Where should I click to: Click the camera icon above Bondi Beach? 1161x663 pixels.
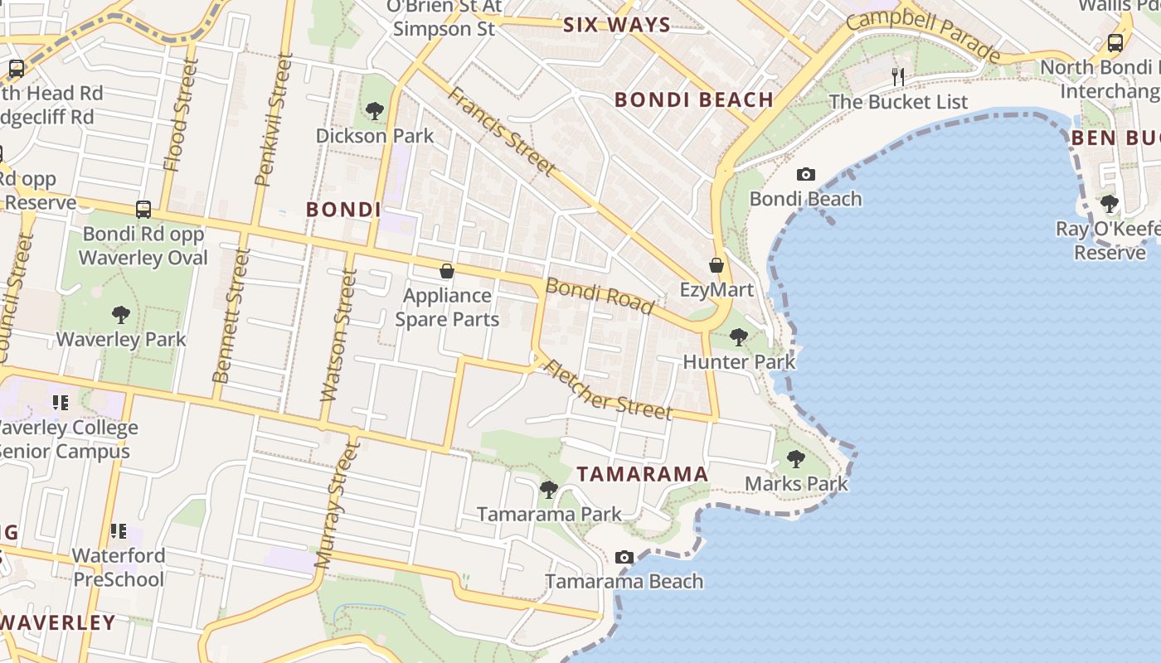pyautogui.click(x=805, y=174)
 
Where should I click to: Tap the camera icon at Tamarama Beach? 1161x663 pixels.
pyautogui.click(x=624, y=557)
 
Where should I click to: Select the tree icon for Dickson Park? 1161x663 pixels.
pyautogui.click(x=375, y=109)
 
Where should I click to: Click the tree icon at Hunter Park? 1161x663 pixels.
pyautogui.click(x=738, y=337)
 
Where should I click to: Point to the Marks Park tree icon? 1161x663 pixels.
pyautogui.click(x=796, y=458)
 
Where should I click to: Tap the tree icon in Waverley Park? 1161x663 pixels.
pyautogui.click(x=121, y=314)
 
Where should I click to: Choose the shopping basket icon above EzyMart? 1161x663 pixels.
pyautogui.click(x=717, y=265)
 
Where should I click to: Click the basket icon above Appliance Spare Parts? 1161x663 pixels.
pyautogui.click(x=447, y=271)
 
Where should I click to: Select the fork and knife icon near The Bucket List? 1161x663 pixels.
pyautogui.click(x=898, y=77)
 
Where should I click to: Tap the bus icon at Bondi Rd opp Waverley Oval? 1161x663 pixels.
pyautogui.click(x=143, y=209)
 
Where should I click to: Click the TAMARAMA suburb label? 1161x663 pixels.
pyautogui.click(x=643, y=474)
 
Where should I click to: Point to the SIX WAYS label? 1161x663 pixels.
pyautogui.click(x=617, y=25)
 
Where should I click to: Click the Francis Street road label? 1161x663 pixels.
pyautogui.click(x=501, y=129)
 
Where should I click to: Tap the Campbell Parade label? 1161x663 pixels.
pyautogui.click(x=924, y=33)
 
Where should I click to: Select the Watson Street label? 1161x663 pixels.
pyautogui.click(x=338, y=335)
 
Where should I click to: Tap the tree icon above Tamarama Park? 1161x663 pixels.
pyautogui.click(x=548, y=489)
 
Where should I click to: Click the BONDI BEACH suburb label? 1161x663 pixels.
pyautogui.click(x=693, y=100)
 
